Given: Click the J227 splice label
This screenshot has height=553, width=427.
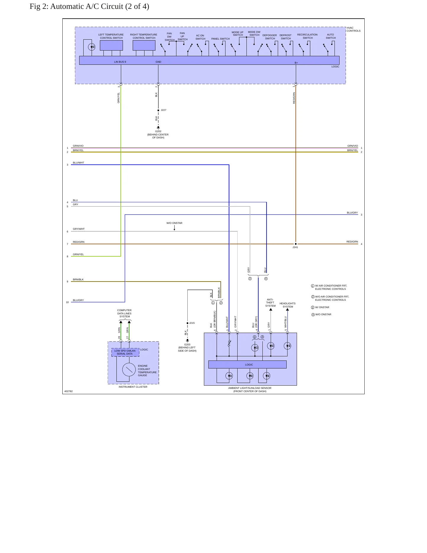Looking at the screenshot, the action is tap(163, 110).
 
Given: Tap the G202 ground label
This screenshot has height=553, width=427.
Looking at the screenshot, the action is tap(158, 131).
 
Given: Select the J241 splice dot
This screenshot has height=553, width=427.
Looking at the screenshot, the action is tap(296, 244).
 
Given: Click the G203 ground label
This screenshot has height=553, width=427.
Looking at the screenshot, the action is tap(187, 345).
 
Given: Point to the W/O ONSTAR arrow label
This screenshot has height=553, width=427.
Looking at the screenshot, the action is tap(174, 223).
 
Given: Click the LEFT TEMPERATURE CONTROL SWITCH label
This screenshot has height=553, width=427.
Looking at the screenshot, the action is tap(111, 36).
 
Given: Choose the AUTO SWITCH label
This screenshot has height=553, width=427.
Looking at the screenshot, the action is tap(331, 36).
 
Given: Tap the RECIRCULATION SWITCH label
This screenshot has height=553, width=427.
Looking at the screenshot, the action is tap(307, 36).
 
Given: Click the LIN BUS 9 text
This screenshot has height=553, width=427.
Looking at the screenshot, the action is tap(120, 62).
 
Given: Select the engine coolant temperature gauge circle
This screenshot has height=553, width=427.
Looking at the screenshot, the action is tap(129, 369).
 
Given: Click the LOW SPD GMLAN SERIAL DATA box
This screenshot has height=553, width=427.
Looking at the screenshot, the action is tap(125, 352).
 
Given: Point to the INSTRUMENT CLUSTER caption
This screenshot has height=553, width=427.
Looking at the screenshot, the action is tap(133, 387).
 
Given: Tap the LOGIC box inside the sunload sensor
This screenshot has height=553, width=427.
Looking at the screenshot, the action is tap(247, 365).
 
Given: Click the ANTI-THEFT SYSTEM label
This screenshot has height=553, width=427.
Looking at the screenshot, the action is tap(270, 303).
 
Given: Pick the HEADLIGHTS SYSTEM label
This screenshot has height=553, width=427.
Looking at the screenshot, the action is tap(288, 305).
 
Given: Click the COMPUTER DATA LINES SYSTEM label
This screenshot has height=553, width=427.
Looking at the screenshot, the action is tap(124, 313).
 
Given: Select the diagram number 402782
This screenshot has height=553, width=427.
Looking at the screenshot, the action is tap(69, 391).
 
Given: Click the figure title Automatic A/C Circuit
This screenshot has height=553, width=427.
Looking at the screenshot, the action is tap(89, 7).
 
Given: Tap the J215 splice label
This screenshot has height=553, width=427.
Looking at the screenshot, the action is tap(192, 323).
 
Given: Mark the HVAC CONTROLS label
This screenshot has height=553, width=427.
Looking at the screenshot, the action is tap(353, 29).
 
